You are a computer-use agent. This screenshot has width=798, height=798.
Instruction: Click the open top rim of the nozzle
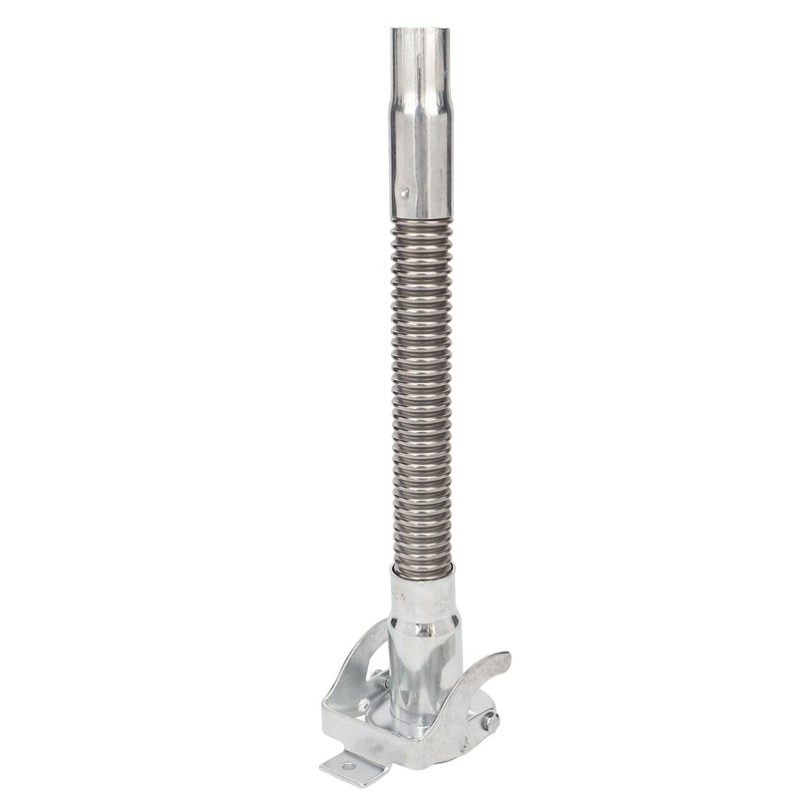tap(420, 31)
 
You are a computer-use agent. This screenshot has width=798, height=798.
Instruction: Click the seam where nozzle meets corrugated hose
tap(420, 220)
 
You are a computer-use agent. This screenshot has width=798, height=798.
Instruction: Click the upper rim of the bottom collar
tap(427, 576)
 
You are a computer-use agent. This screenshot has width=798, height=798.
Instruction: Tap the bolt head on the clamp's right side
tap(490, 720)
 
